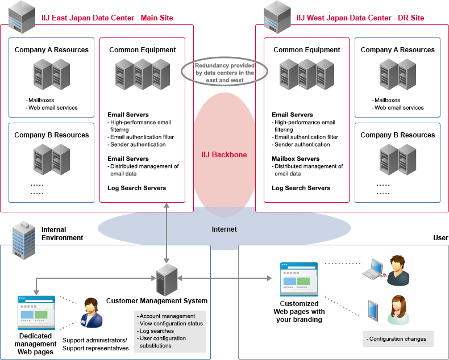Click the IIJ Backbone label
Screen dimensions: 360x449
pos(224,154)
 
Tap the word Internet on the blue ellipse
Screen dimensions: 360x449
pos(224,229)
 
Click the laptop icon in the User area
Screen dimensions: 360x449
pos(375,269)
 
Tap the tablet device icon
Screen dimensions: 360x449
pos(373,309)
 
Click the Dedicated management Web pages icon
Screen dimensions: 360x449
pos(36,313)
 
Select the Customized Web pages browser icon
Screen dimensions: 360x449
pos(298,279)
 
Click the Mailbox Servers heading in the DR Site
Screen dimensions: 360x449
pos(296,159)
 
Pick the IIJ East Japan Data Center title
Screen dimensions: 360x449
pos(107,18)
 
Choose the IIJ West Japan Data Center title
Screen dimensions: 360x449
pos(360,18)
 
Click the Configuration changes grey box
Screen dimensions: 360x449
pos(397,339)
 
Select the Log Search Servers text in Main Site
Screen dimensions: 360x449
pos(137,188)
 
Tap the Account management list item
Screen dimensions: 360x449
pos(167,316)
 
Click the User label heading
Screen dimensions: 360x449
pos(440,238)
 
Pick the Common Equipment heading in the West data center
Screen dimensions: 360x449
pos(307,50)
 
